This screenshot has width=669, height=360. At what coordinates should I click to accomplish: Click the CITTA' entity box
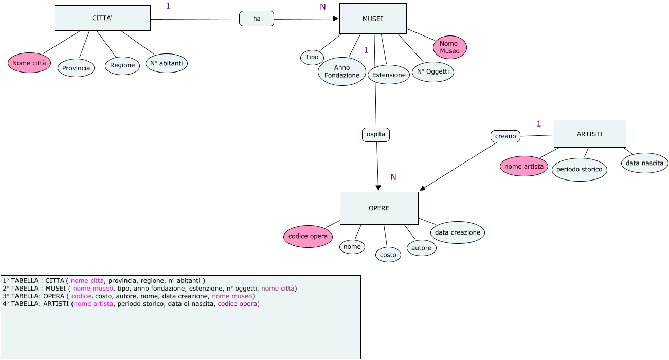[x=102, y=19]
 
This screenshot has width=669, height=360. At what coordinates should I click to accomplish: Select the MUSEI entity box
[x=373, y=19]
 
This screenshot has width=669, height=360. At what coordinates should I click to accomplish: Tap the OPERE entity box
[x=379, y=208]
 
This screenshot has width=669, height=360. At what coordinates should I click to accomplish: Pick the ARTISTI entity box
[x=589, y=134]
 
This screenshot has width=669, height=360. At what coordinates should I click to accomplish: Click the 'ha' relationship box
[x=257, y=19]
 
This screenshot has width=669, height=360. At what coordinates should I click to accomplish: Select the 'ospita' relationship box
[x=376, y=135]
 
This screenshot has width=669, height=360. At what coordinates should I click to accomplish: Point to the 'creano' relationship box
[x=505, y=136]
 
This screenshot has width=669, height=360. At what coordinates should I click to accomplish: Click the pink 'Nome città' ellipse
[x=29, y=63]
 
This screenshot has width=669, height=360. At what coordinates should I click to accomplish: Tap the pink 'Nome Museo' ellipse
[x=450, y=47]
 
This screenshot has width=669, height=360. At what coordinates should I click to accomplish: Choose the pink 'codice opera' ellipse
[x=308, y=236]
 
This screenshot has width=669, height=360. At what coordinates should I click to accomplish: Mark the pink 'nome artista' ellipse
[x=523, y=167]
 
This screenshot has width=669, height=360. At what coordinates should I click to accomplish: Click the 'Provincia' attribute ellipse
[x=76, y=68]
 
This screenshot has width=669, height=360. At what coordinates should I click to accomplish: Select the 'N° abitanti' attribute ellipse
[x=167, y=63]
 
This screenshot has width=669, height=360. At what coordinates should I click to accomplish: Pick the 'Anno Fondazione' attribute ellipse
[x=342, y=71]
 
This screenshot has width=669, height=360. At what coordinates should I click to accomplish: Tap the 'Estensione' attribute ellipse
[x=389, y=75]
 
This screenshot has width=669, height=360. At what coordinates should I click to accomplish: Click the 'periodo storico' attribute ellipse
[x=579, y=169]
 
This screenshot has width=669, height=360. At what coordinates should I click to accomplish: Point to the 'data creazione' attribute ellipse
[x=457, y=232]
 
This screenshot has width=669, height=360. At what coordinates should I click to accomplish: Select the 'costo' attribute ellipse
[x=388, y=255]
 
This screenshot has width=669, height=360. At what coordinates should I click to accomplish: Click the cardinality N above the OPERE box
[x=393, y=177]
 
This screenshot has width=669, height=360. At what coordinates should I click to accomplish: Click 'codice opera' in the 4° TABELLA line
[x=238, y=304]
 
